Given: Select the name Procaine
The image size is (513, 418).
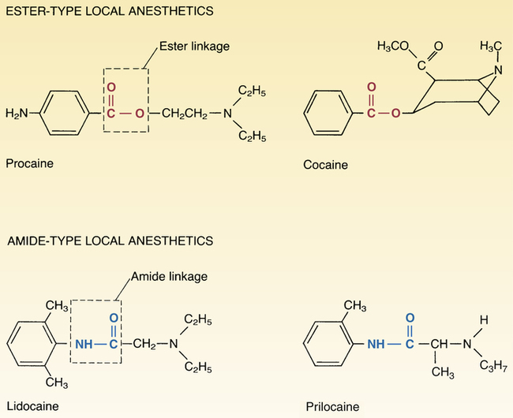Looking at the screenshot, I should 29,164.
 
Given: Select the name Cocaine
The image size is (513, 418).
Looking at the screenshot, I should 325,166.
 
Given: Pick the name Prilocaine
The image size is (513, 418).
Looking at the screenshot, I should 332,407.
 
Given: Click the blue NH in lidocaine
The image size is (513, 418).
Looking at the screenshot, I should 84,345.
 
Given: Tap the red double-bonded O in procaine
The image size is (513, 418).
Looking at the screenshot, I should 111,88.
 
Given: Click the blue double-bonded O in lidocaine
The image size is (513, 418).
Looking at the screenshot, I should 112,319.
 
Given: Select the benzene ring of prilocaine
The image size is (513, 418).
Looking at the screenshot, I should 323,344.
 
